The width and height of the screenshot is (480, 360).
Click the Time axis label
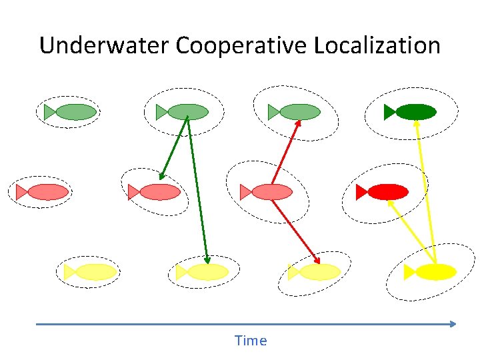click(x=251, y=341)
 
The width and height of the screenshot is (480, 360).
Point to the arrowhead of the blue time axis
click(x=453, y=324)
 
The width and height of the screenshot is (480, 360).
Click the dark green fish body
click(x=416, y=112)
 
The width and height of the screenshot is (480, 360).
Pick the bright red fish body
click(x=388, y=192)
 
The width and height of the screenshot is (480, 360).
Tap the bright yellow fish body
click(x=436, y=272)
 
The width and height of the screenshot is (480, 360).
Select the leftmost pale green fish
click(x=75, y=112)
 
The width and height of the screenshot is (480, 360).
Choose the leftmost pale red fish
click(x=48, y=192)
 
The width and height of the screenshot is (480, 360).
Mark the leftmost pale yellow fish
click(x=96, y=272)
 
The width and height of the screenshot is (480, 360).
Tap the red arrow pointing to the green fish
click(x=285, y=153)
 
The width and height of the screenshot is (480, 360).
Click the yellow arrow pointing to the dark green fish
click(x=425, y=187)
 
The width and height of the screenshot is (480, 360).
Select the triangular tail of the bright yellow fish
click(x=409, y=272)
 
